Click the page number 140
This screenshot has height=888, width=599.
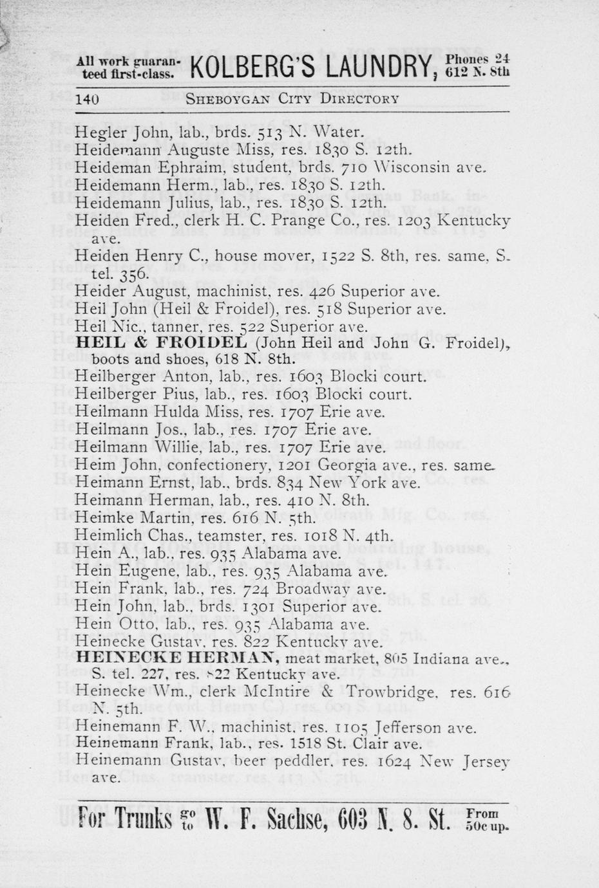point(87,99)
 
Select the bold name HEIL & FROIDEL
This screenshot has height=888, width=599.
point(161,342)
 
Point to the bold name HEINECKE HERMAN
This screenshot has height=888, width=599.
point(178,658)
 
